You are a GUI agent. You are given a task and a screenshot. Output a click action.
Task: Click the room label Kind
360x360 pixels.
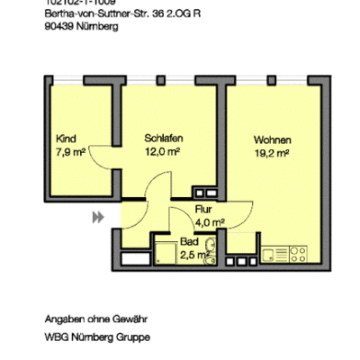click(66, 139)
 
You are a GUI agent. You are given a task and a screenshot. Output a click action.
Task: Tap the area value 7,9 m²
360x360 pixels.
click(70, 152)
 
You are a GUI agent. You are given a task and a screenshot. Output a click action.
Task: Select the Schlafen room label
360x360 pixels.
click(164, 139)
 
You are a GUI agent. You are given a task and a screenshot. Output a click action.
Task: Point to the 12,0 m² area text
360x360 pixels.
click(163, 152)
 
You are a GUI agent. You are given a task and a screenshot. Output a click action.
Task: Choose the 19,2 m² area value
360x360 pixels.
click(271, 153)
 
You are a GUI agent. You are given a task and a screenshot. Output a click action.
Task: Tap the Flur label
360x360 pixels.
click(203, 209)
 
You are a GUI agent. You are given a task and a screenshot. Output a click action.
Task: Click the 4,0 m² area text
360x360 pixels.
click(210, 221)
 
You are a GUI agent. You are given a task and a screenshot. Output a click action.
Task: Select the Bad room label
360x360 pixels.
click(189, 243)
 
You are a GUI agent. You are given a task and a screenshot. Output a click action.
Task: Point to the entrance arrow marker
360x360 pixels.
click(97, 217)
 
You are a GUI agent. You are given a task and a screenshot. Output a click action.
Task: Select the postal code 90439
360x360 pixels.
click(58, 26)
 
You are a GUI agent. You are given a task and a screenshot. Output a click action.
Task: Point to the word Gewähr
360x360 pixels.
click(129, 319)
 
